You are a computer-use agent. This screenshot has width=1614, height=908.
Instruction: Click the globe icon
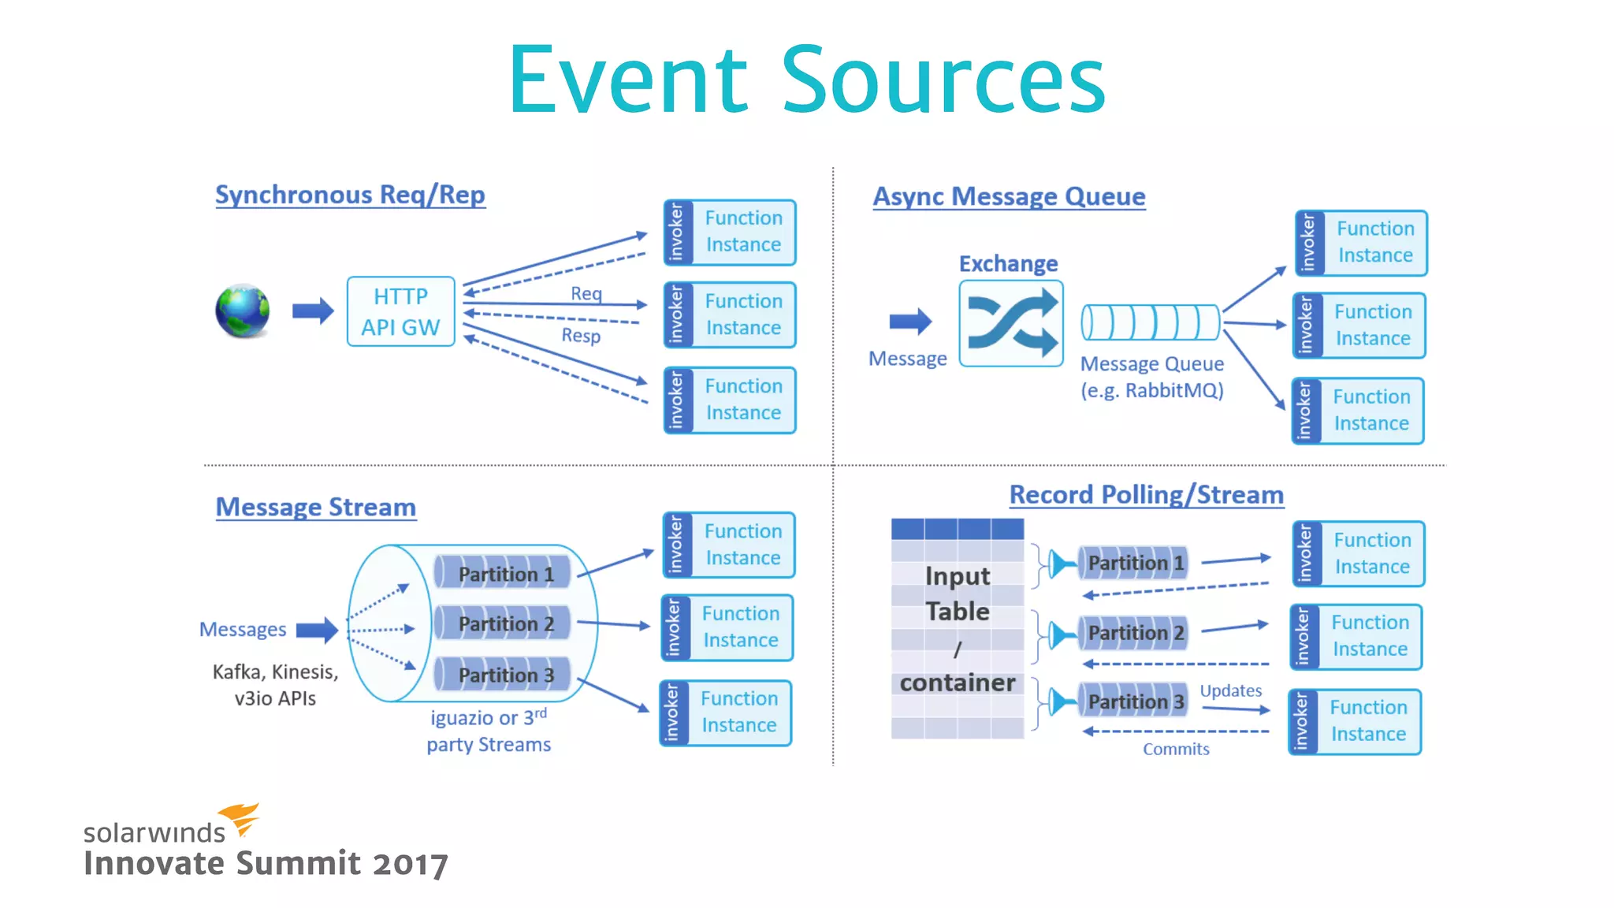(x=243, y=311)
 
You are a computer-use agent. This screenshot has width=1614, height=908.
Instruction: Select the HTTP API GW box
(x=400, y=311)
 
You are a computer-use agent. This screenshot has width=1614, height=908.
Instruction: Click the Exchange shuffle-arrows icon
(x=1011, y=323)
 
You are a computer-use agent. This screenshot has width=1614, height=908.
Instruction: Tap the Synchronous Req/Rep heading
(x=350, y=195)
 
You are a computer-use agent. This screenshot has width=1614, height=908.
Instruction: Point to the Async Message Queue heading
(x=1009, y=196)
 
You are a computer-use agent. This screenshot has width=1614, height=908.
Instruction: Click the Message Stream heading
(x=316, y=507)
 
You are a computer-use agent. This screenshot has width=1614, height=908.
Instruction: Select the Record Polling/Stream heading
(x=1146, y=495)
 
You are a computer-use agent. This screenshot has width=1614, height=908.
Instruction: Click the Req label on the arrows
(x=586, y=293)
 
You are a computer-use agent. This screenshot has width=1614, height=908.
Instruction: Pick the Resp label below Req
(x=581, y=336)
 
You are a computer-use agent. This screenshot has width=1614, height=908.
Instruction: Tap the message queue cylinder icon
(x=1150, y=322)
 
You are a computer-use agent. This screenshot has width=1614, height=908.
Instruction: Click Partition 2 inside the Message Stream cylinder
(x=504, y=624)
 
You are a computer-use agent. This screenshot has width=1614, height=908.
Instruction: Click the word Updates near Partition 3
(x=1230, y=690)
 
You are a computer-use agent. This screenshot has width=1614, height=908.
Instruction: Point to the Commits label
(x=1176, y=749)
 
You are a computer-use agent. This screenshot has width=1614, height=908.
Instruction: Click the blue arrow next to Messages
(x=317, y=630)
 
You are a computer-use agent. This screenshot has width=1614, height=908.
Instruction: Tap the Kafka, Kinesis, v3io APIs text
(x=275, y=685)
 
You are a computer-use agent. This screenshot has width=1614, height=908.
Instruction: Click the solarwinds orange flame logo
(x=240, y=817)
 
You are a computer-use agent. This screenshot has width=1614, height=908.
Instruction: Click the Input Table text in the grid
(x=957, y=594)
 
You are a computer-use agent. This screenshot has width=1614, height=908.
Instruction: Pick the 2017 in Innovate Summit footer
(x=410, y=865)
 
